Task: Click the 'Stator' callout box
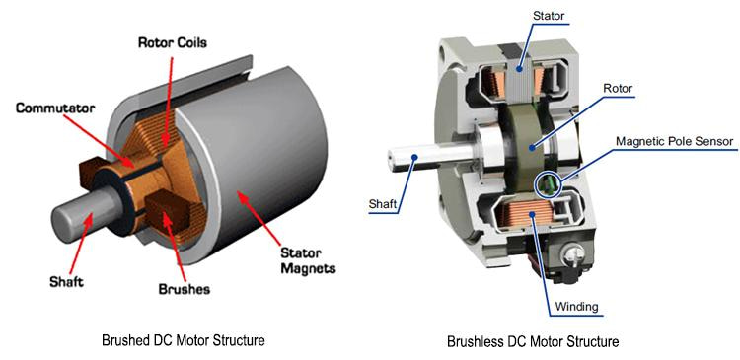click(550, 17)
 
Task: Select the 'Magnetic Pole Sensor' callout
click(675, 141)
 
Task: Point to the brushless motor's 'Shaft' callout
click(385, 204)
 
